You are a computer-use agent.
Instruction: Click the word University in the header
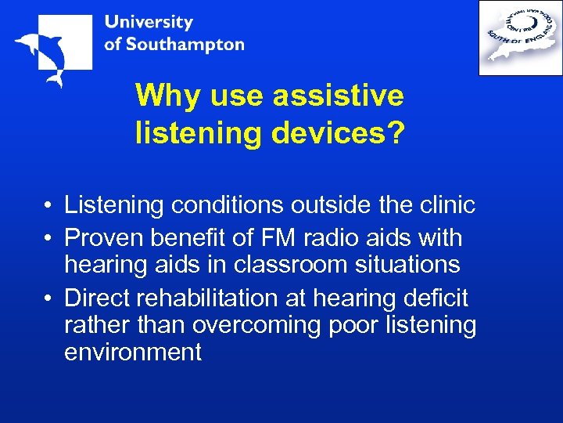pyautogui.click(x=149, y=23)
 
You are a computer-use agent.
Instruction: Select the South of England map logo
pyautogui.click(x=520, y=37)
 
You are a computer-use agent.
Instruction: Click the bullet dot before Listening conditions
pyautogui.click(x=48, y=206)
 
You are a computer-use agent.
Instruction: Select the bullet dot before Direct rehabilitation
pyautogui.click(x=48, y=298)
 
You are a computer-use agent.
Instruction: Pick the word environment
pyautogui.click(x=133, y=352)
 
